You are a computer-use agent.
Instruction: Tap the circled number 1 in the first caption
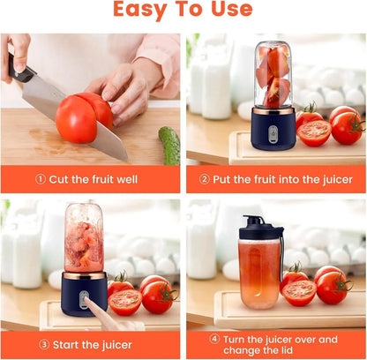[41, 179]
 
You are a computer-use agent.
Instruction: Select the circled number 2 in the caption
[206, 179]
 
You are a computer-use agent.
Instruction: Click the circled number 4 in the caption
[214, 339]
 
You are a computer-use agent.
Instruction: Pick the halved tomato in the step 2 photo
[314, 132]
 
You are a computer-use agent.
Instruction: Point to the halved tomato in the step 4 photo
[300, 292]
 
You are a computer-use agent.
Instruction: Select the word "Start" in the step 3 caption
[69, 345]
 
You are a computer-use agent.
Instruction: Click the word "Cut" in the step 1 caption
[59, 179]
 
